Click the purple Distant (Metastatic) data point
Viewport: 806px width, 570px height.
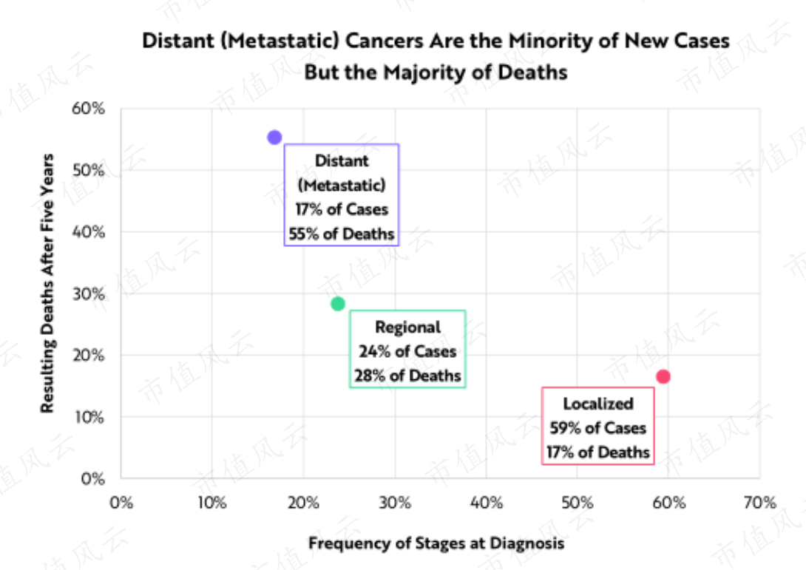(274, 138)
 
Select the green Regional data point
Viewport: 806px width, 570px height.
(338, 304)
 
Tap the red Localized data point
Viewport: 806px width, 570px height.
(663, 377)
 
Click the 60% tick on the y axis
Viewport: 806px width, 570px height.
(88, 109)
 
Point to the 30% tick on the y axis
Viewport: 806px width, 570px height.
(88, 294)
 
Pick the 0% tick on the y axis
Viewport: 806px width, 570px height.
(92, 478)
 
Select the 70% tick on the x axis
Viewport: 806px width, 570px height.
(759, 502)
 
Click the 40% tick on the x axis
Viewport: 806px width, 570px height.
(487, 502)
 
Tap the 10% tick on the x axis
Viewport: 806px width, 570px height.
(212, 502)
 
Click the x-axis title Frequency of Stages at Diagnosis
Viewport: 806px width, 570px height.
(436, 543)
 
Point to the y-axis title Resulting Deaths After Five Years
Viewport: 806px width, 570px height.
(47, 283)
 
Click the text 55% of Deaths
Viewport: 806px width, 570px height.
(342, 234)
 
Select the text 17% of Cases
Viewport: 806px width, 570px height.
(342, 209)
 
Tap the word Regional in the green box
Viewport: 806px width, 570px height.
(407, 328)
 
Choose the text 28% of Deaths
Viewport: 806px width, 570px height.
(407, 376)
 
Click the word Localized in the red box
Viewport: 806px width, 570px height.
(597, 404)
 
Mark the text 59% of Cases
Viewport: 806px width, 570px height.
(597, 427)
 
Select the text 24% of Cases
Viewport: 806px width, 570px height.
(407, 352)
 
